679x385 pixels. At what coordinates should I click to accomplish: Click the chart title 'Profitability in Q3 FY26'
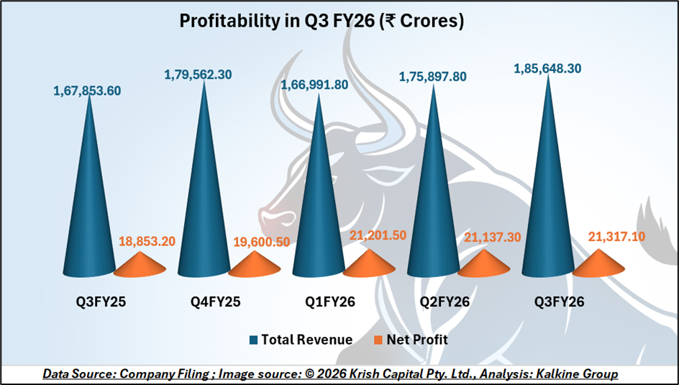pyautogui.click(x=322, y=22)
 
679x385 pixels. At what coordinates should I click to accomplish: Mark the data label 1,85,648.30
pyautogui.click(x=548, y=68)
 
